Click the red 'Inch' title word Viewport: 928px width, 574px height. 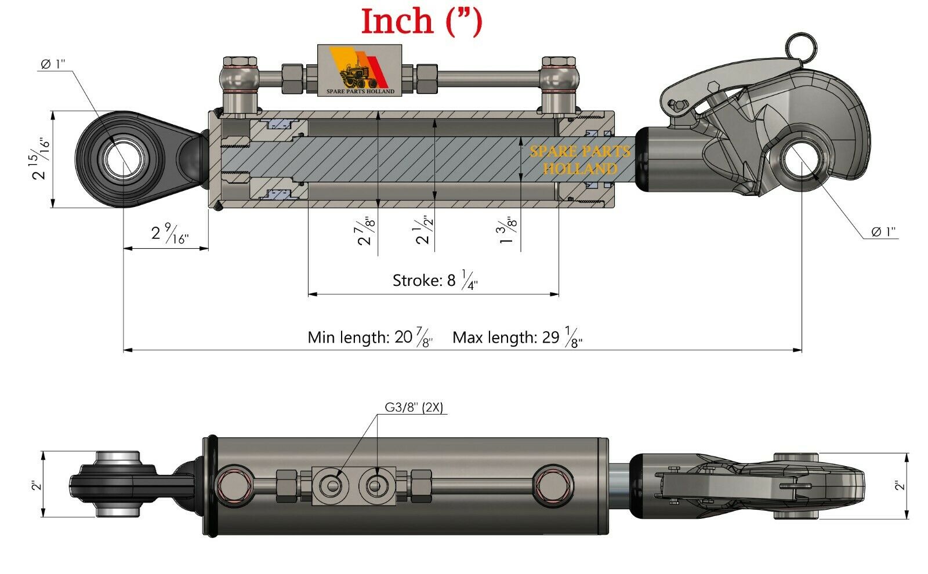coord(397,22)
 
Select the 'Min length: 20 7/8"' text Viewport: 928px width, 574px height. coord(369,337)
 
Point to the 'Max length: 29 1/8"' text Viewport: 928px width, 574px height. coord(517,337)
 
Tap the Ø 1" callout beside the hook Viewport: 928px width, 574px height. coord(883,232)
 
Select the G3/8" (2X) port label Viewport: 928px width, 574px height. coord(414,408)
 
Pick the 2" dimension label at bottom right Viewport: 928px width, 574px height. coord(900,485)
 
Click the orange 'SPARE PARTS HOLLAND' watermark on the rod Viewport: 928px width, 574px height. coord(579,160)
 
